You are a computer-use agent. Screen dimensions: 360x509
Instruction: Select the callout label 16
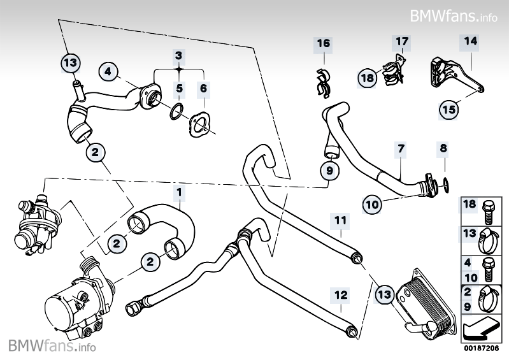pyautogui.click(x=324, y=43)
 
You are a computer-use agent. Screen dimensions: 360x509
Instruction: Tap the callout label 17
pyautogui.click(x=402, y=42)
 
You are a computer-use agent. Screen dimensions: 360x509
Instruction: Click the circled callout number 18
pyautogui.click(x=367, y=78)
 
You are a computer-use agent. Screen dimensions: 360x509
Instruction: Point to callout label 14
pyautogui.click(x=470, y=42)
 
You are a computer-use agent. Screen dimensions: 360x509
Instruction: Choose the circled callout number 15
pyautogui.click(x=448, y=110)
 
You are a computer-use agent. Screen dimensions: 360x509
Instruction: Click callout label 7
pyautogui.click(x=401, y=149)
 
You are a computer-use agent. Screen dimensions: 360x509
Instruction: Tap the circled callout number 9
pyautogui.click(x=329, y=171)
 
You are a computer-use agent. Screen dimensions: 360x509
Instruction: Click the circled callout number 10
pyautogui.click(x=373, y=204)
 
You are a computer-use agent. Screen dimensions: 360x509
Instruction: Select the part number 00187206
pyautogui.click(x=484, y=347)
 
